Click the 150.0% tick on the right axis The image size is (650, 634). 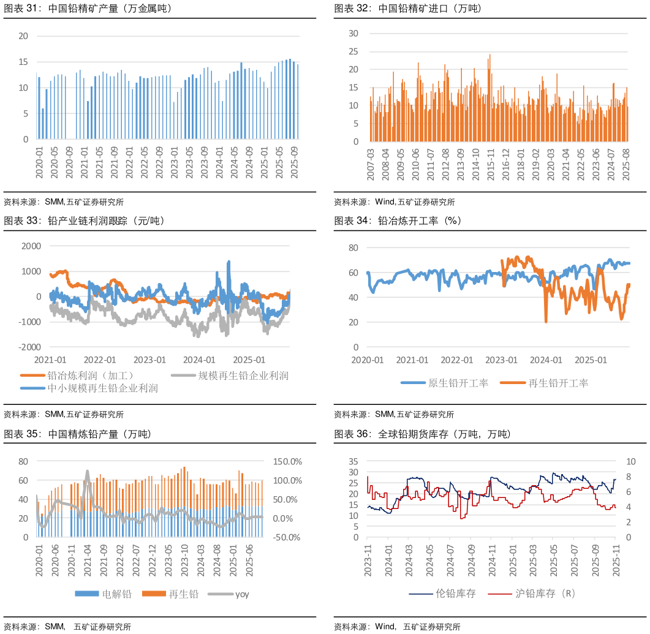287,461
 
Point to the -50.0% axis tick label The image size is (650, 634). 287,537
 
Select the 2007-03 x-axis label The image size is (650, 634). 370,164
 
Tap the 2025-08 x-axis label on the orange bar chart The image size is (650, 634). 626,164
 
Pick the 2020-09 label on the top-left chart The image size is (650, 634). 69,163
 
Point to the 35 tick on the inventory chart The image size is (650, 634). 353,461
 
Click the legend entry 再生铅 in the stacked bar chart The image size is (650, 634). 184,594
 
